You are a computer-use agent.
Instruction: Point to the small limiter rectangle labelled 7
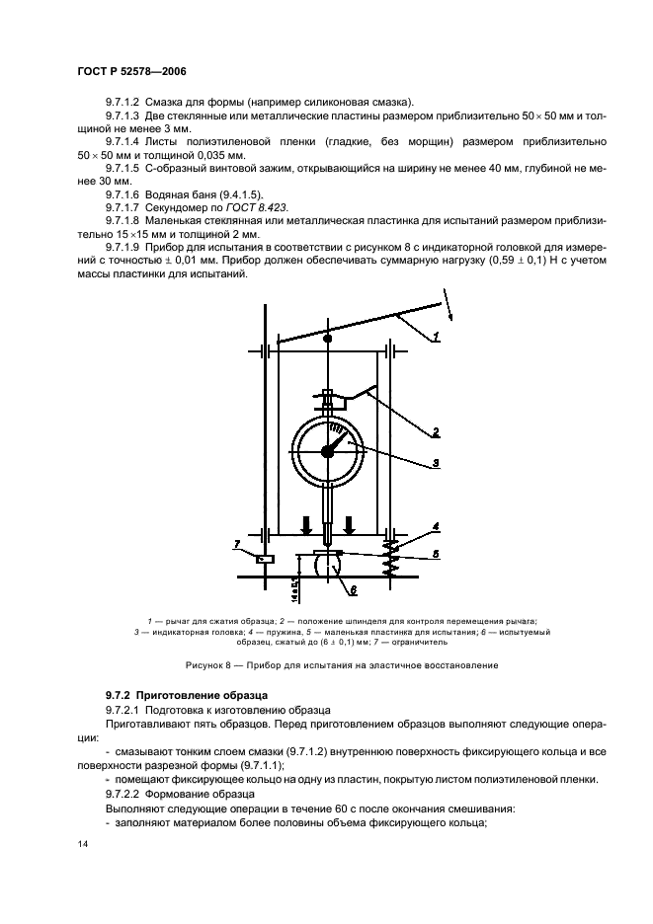pyautogui.click(x=237, y=561)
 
